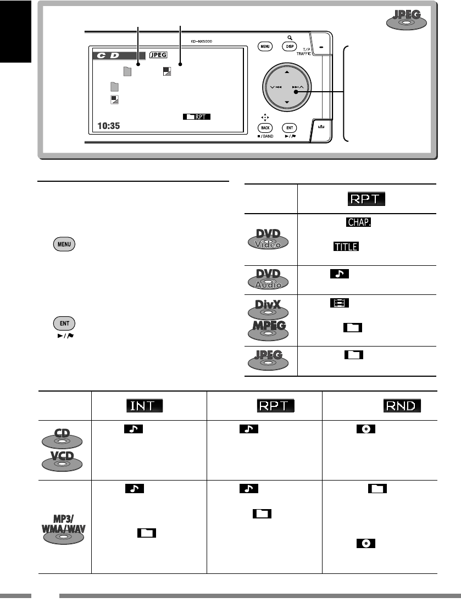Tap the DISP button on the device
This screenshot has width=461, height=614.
pos(289,47)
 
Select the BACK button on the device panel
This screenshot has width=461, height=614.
pos(265,126)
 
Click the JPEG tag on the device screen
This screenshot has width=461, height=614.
pos(158,55)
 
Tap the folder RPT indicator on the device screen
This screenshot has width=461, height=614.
pos(194,116)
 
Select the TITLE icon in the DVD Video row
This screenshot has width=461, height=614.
pos(345,247)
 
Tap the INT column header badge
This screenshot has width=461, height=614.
pos(144,406)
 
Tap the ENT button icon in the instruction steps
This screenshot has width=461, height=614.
pos(65,323)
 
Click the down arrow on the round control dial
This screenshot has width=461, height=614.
pos(286,103)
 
